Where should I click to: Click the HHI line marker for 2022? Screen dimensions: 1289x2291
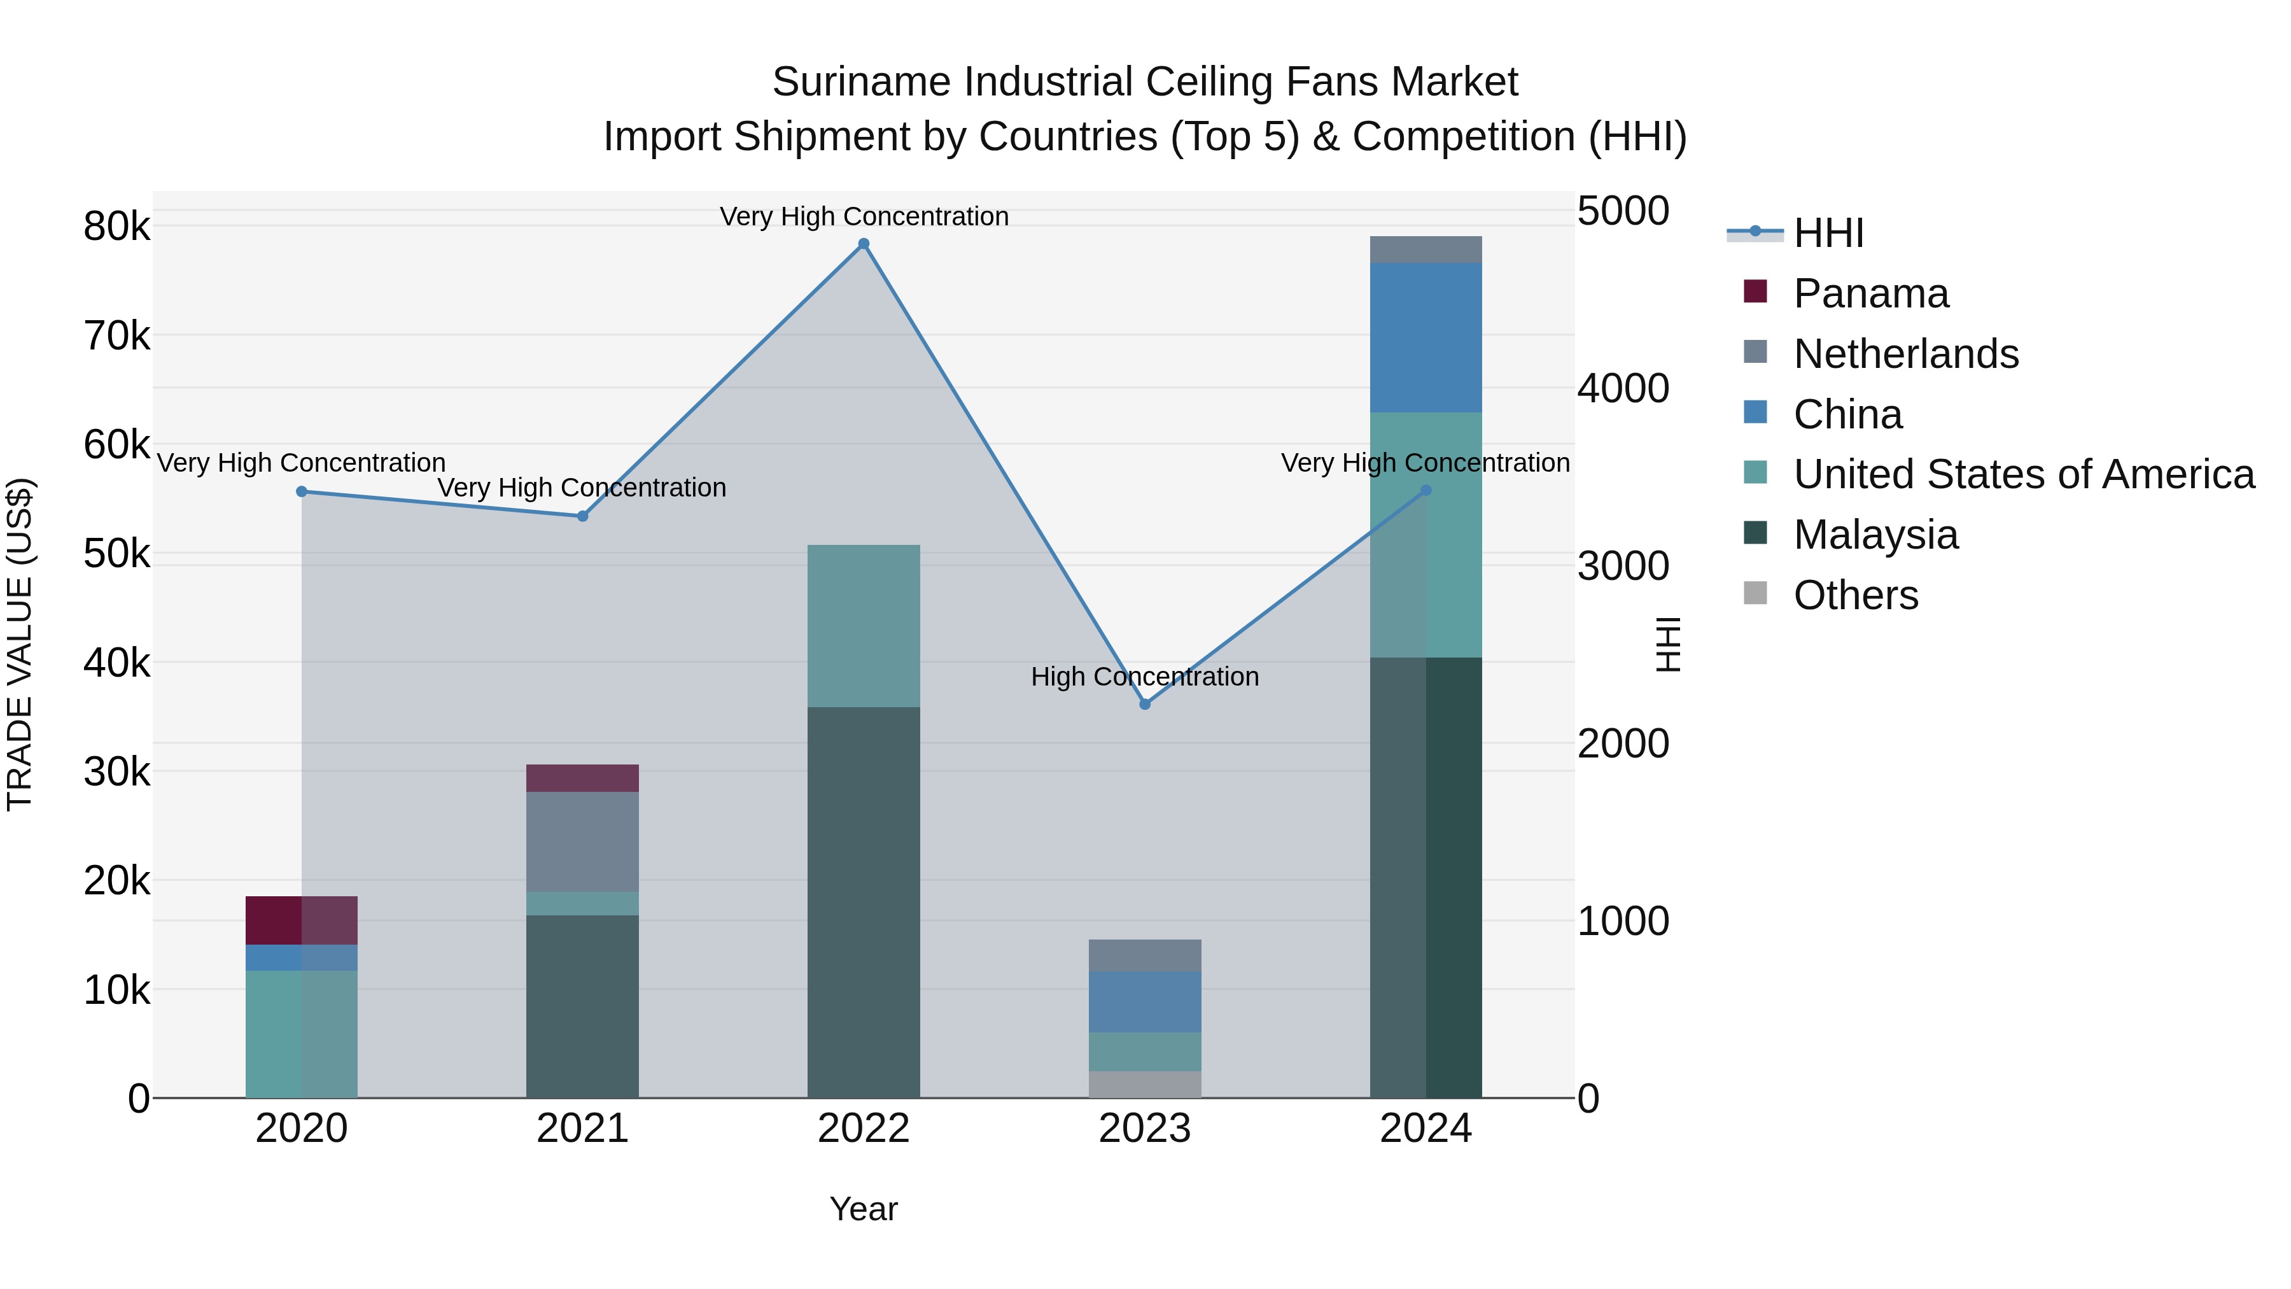(864, 244)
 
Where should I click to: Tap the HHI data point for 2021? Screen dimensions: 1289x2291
(582, 516)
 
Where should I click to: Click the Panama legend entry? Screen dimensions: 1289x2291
(1870, 293)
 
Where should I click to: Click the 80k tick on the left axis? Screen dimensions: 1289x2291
(116, 227)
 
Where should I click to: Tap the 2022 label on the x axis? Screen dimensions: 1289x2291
(864, 1129)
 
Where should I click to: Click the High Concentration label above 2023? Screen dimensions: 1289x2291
(1145, 677)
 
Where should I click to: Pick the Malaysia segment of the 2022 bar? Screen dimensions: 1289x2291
(864, 902)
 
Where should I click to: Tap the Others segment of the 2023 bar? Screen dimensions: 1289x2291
(1145, 1085)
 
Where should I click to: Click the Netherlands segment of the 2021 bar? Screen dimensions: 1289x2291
(582, 842)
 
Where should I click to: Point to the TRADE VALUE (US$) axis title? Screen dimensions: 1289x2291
(20, 644)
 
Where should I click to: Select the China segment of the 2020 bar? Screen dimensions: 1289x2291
(302, 958)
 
